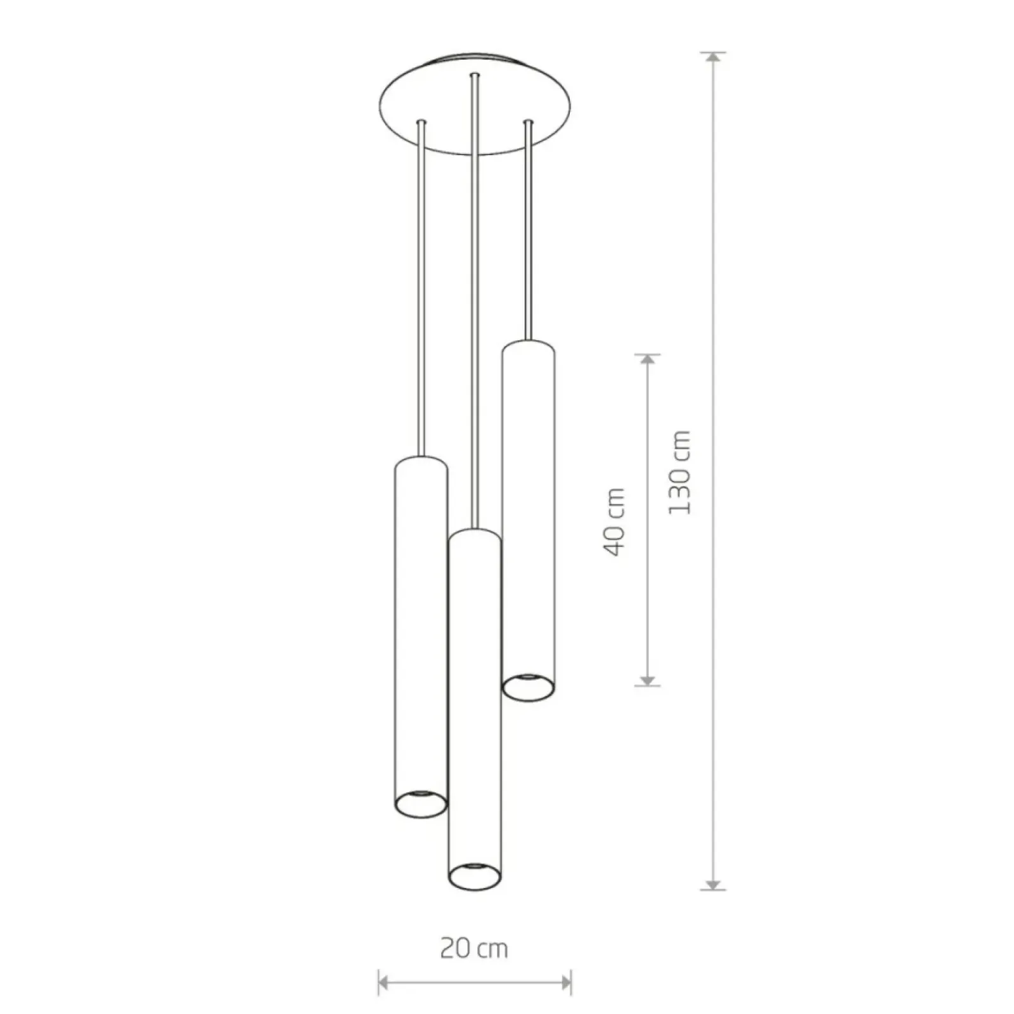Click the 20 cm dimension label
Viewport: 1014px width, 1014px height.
[x=474, y=949]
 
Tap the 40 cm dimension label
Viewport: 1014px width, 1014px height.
[x=614, y=522]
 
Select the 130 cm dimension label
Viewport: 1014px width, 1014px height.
[x=679, y=472]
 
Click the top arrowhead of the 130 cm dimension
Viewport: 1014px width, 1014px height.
[x=714, y=58]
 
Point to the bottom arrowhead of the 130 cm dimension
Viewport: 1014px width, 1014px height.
[x=714, y=884]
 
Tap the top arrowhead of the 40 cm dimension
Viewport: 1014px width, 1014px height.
[x=647, y=359]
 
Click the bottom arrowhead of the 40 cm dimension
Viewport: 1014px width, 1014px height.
[x=647, y=680]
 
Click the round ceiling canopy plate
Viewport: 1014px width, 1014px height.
[x=475, y=105]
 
